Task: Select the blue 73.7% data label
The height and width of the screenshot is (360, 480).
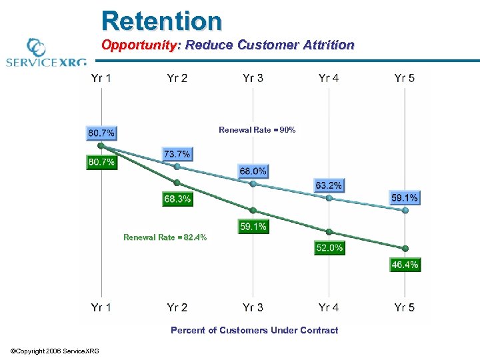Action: tap(177, 154)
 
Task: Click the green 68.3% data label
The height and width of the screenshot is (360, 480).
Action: tap(177, 199)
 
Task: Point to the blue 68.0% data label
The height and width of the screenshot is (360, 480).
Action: tap(253, 171)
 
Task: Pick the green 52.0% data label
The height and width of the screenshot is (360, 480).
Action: tap(329, 247)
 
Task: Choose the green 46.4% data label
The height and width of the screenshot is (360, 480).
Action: tap(405, 265)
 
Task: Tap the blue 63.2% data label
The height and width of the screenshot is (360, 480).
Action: tap(329, 185)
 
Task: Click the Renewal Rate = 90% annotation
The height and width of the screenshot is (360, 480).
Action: tap(257, 130)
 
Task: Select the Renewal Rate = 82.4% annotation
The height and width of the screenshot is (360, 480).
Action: tap(165, 237)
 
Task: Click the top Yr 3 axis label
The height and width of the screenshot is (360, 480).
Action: tap(253, 78)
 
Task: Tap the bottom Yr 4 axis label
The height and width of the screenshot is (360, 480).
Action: tap(329, 307)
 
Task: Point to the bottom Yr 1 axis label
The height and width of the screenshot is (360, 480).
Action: tap(101, 307)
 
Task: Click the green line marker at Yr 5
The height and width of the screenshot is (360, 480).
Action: tap(405, 249)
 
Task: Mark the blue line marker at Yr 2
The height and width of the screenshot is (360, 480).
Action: tap(177, 167)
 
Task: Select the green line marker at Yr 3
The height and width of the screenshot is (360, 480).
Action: tap(253, 210)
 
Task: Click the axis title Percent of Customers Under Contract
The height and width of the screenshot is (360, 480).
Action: tap(254, 330)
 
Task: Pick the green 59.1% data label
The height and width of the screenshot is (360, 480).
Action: tap(253, 227)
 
